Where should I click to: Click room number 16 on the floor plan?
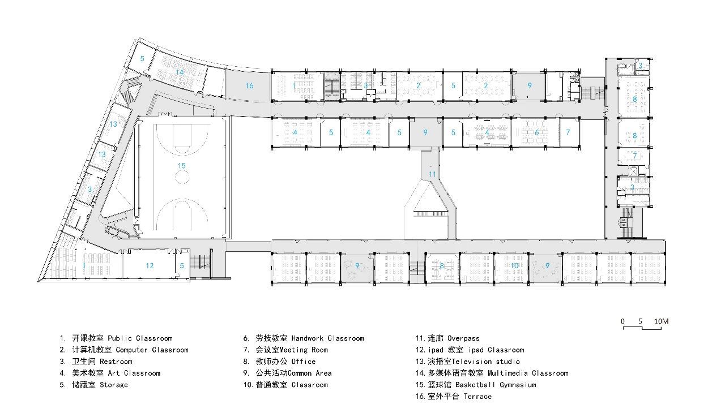249,85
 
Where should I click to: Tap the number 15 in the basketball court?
182,166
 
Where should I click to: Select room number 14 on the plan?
180,72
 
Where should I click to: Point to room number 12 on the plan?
150,266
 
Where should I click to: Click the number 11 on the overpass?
432,175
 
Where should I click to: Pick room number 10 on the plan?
515,266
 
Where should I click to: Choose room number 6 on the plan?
536,132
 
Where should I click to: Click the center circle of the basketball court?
182,177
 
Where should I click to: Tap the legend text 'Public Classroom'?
140,338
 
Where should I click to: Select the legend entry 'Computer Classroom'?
152,350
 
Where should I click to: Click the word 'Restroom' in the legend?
116,362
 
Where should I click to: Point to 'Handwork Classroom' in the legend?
327,338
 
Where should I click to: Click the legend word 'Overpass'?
463,338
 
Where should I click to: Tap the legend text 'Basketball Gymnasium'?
496,385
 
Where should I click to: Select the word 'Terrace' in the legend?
477,397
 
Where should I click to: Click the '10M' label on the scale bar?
661,321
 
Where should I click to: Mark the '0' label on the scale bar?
622,321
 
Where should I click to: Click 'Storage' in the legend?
114,385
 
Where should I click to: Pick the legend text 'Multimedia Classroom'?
528,373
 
